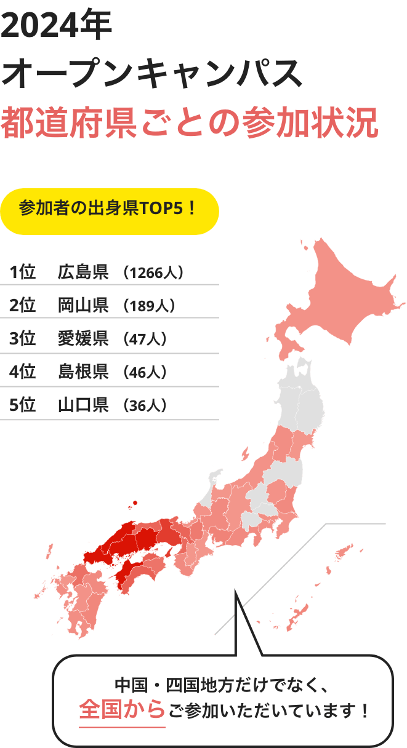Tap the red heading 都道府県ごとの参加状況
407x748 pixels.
[190, 122]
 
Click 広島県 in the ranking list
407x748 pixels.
[83, 272]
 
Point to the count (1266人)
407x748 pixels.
[153, 273]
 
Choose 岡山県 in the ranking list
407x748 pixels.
[83, 305]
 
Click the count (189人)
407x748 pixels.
[150, 306]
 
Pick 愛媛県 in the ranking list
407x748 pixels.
[83, 338]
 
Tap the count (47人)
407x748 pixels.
[145, 339]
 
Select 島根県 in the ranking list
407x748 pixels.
[83, 372]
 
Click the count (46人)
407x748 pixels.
[145, 372]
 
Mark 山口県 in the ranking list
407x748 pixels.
[83, 405]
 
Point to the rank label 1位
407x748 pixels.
[22, 272]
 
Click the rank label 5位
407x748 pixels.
[22, 405]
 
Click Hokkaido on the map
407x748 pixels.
[345, 295]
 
